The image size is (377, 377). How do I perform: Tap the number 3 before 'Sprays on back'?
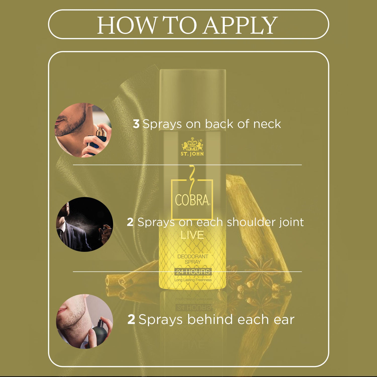[x=136, y=124]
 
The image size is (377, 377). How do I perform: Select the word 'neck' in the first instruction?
[x=267, y=124]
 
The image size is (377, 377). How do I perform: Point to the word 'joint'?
[x=291, y=222]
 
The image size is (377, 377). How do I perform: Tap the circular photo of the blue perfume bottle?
[x=83, y=130]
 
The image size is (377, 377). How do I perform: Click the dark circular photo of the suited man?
[x=84, y=224]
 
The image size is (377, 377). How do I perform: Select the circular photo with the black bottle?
[x=84, y=321]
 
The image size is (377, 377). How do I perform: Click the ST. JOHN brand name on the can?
[x=192, y=154]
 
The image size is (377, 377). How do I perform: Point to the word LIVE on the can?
[x=192, y=235]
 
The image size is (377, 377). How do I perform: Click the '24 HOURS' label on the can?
[x=193, y=272]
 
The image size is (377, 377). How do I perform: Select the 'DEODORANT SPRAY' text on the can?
[x=193, y=259]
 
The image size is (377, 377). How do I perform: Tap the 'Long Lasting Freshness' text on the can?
[x=193, y=280]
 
